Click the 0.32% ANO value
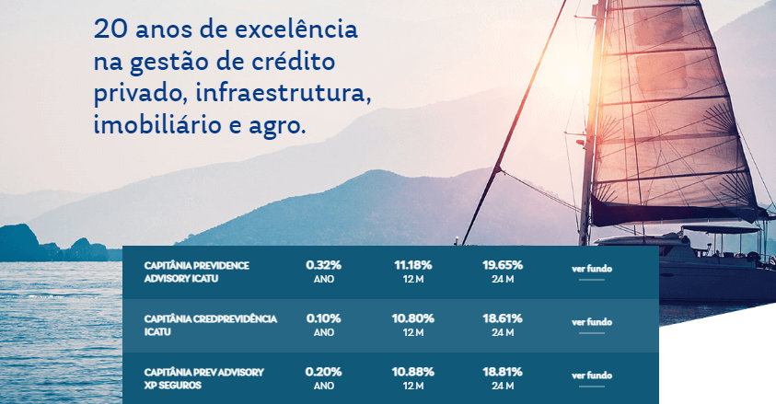point(324,271)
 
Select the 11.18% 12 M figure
point(413,271)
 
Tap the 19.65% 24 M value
point(503,271)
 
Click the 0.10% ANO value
point(324,324)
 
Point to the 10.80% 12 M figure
point(413,324)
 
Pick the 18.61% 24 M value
point(503,324)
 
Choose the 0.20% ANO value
point(324,377)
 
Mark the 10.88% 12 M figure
point(413,377)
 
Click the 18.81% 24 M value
point(503,377)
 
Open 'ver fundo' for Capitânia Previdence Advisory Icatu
point(592,270)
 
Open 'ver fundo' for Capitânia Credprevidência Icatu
point(592,323)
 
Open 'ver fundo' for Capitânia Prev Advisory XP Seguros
point(592,376)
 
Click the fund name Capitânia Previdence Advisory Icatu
point(197,271)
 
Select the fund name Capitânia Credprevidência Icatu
point(210,324)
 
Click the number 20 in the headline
point(109,30)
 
